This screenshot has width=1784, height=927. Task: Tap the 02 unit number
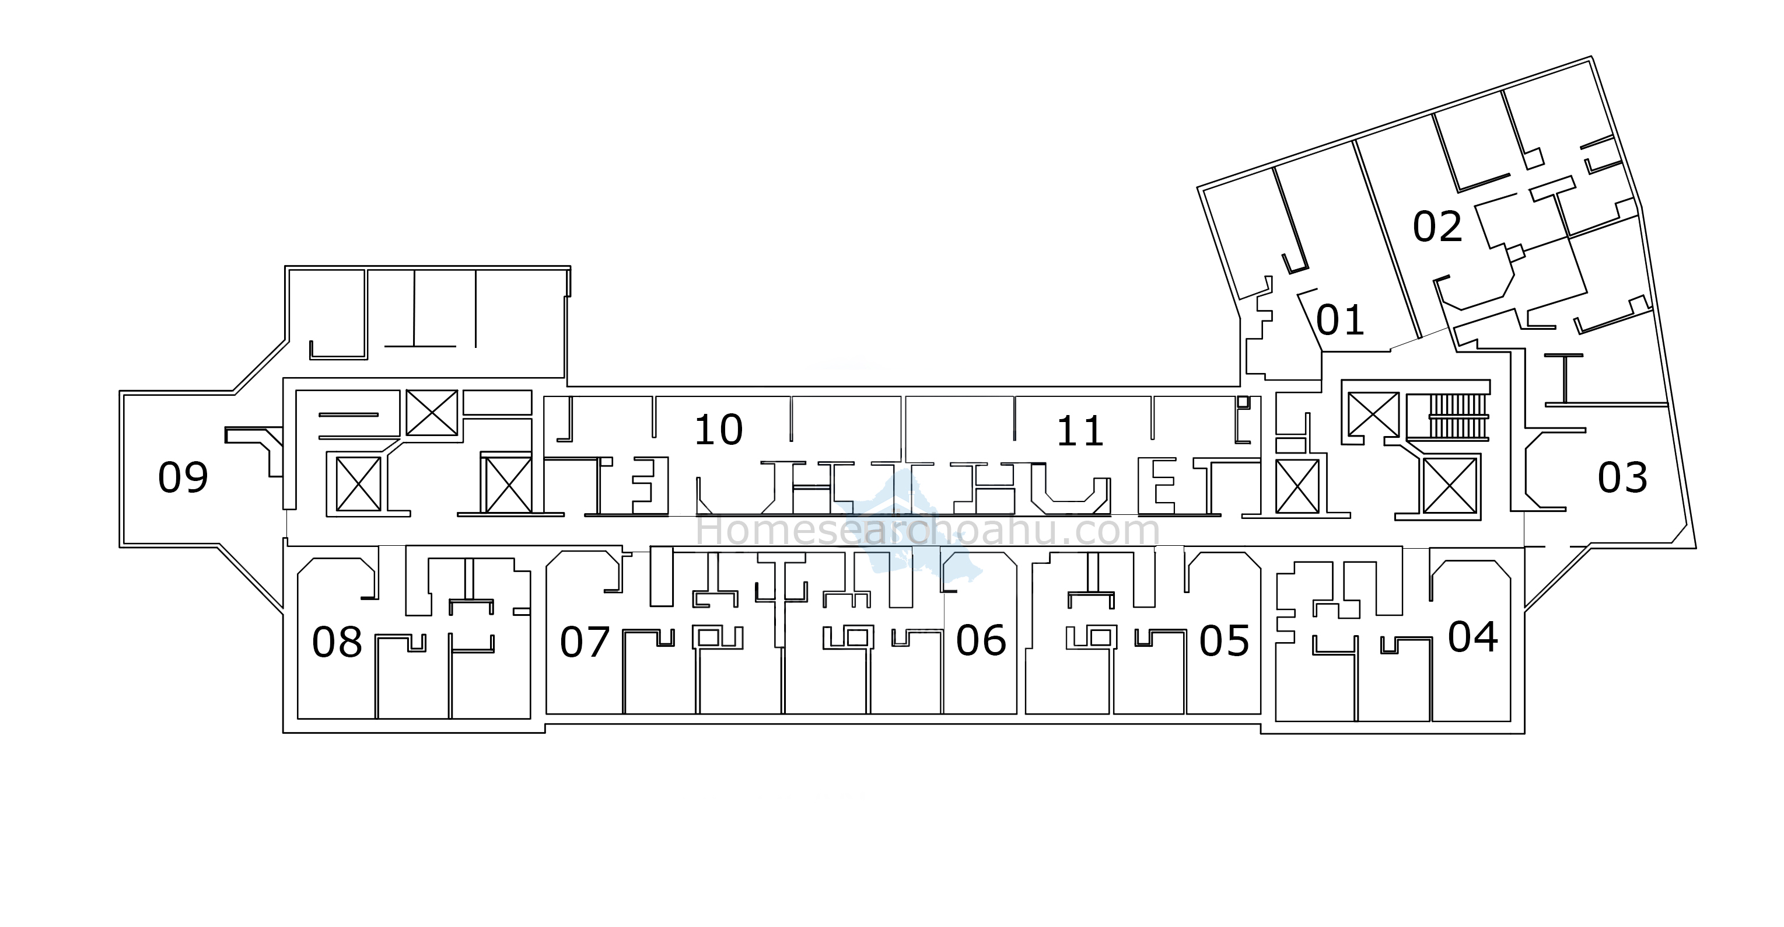1437,226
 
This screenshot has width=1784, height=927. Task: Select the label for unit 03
1622,478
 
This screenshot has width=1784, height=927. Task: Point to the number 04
1472,637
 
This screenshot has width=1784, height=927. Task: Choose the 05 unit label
1224,641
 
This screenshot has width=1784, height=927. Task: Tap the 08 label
337,642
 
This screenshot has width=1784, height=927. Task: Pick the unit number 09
183,478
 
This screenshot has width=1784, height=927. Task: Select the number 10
718,430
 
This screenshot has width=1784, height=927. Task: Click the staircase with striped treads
1458,416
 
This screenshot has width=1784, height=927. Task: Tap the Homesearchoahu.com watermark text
928,531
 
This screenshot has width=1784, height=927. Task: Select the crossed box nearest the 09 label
358,483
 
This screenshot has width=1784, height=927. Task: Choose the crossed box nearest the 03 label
1450,486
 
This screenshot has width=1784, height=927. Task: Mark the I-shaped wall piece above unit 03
1563,379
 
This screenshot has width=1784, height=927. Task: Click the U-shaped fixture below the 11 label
1070,488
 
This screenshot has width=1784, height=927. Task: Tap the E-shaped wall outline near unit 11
1156,485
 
